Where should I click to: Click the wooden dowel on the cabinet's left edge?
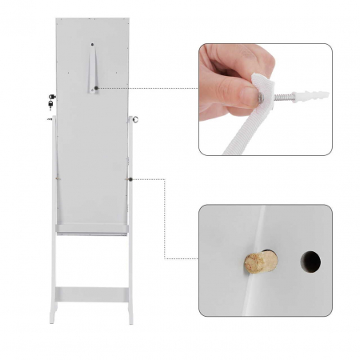click(49, 121)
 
